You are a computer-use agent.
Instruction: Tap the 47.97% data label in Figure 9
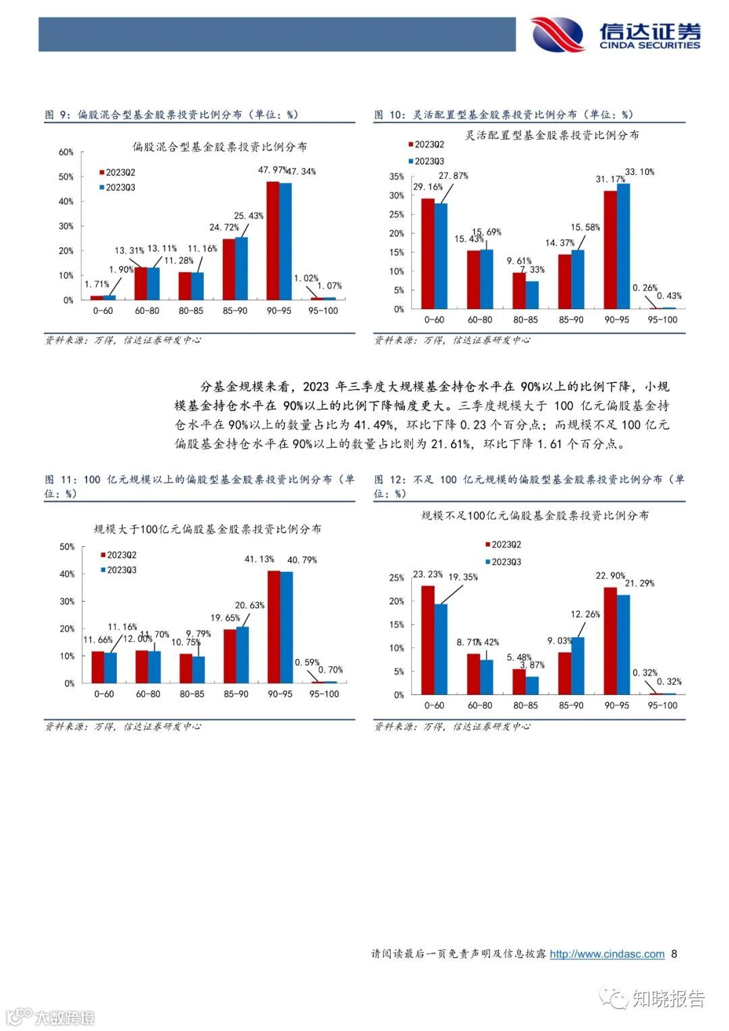point(272,170)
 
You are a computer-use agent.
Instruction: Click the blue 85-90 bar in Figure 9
point(241,268)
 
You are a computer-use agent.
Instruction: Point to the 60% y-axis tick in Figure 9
point(65,153)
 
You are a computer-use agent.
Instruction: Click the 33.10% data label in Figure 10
point(639,172)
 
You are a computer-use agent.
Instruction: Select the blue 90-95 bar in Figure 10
point(623,246)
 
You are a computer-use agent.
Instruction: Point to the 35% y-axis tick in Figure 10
point(396,177)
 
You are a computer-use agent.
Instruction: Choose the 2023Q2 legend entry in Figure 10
point(426,144)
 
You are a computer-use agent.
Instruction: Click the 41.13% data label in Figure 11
point(259,559)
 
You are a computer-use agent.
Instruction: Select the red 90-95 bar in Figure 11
point(273,627)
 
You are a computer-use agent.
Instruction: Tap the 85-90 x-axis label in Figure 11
point(236,694)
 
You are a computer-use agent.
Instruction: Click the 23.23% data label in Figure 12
point(428,575)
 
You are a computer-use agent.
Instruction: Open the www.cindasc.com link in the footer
point(607,954)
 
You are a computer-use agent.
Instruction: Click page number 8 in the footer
point(674,954)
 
